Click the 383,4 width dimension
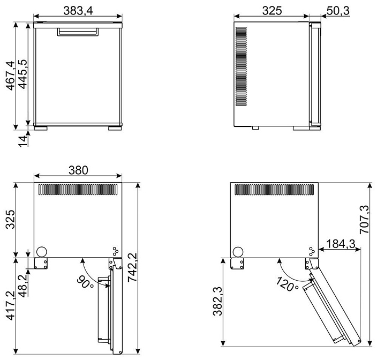[x=78, y=11]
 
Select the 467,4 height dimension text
[x=11, y=76]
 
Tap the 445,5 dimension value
[x=22, y=74]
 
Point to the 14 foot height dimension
[x=23, y=141]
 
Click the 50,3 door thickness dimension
[x=338, y=11]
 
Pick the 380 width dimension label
[x=78, y=170]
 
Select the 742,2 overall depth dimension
[x=132, y=267]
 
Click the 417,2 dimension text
[x=11, y=306]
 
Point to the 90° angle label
[x=85, y=282]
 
